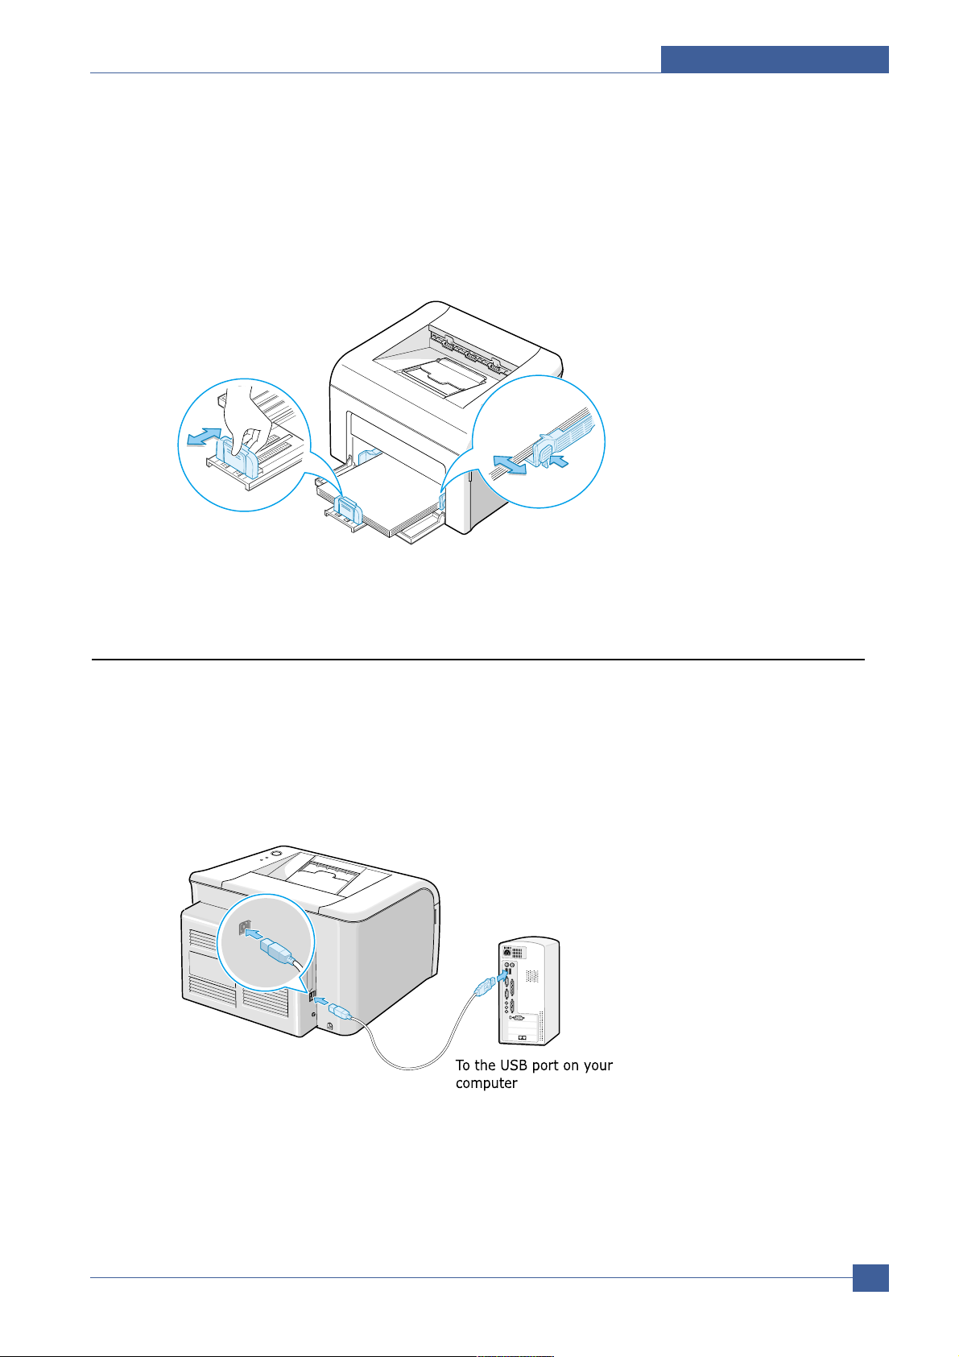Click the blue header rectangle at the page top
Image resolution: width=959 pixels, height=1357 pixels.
(775, 60)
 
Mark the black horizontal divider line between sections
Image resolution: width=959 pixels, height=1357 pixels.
(477, 660)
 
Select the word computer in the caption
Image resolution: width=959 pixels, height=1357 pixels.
(486, 1084)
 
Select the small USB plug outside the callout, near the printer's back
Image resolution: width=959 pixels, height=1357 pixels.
(339, 1011)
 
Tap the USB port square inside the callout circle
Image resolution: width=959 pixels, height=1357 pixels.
(241, 926)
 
